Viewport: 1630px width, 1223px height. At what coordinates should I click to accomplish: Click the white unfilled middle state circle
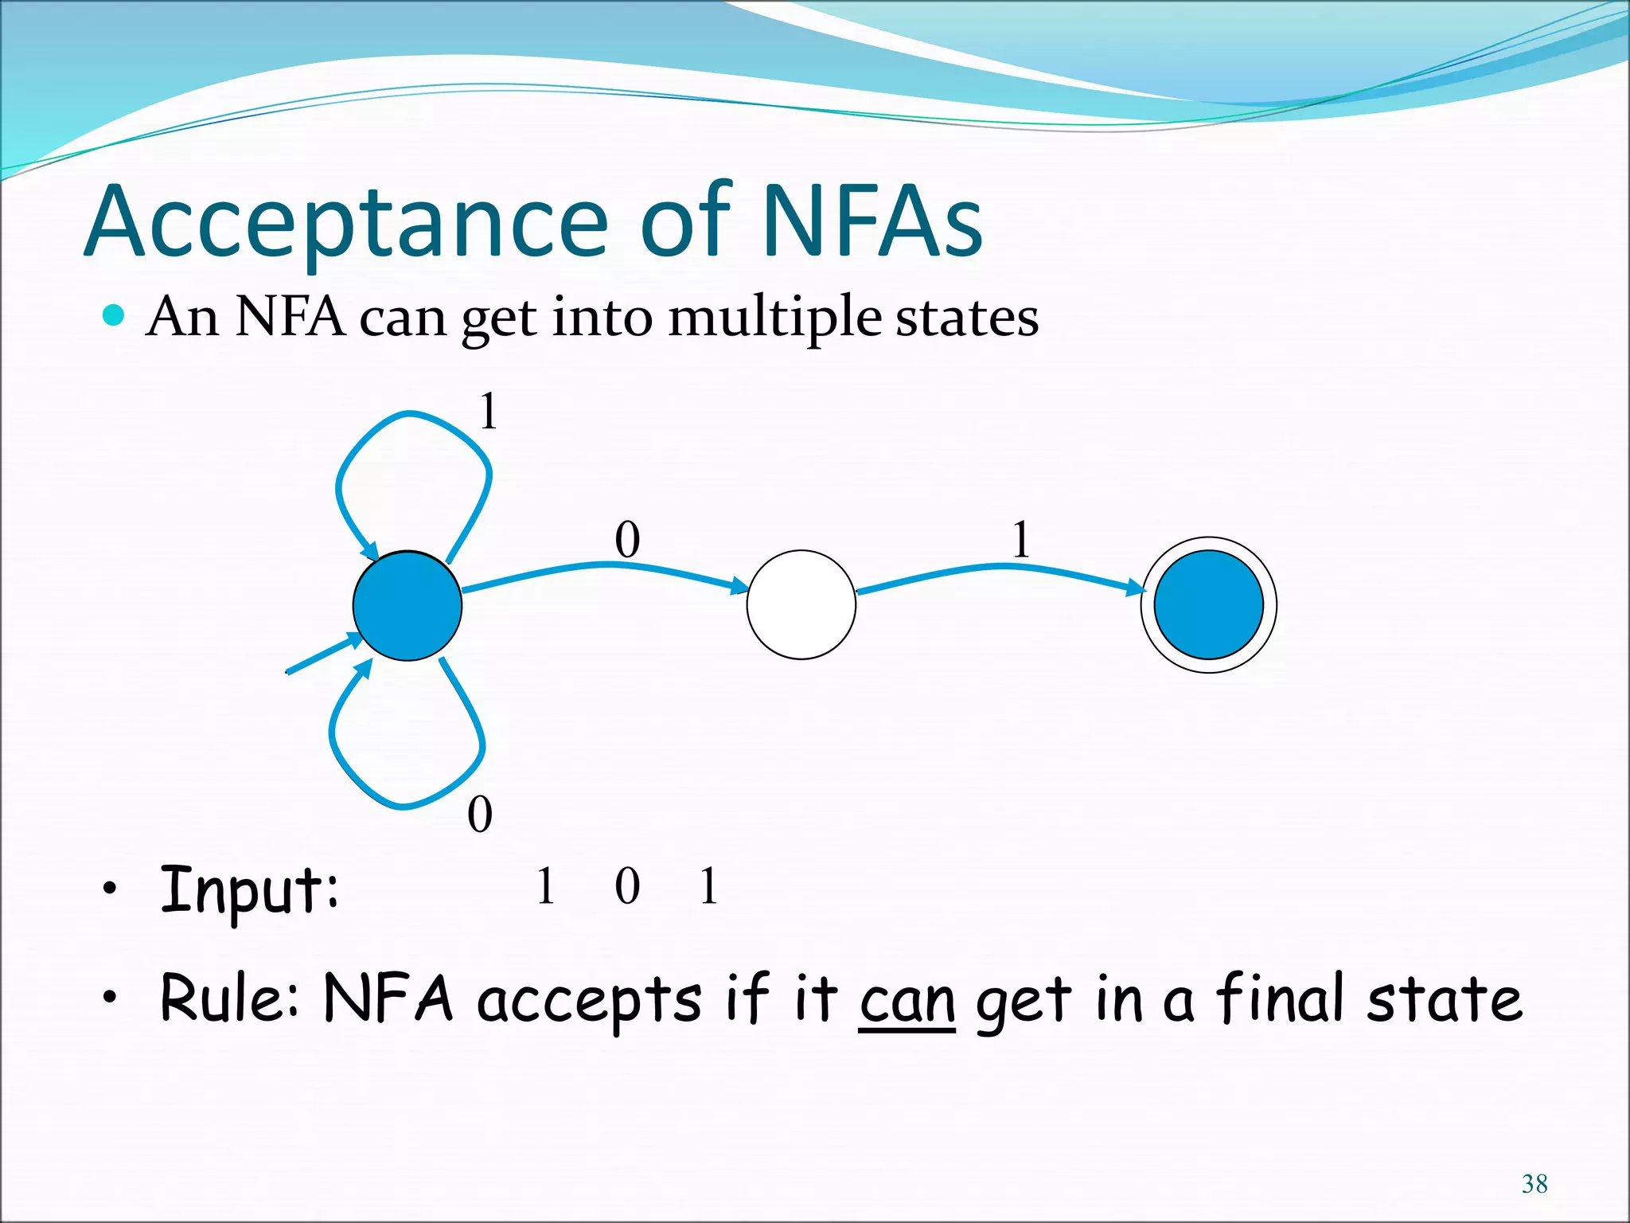point(801,604)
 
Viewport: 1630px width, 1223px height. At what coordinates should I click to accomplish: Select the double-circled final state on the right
point(1208,604)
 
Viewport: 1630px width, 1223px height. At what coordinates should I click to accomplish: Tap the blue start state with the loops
point(407,605)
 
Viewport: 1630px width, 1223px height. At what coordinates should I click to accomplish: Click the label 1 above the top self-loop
point(488,412)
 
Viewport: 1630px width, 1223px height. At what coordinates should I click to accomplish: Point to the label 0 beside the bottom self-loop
point(480,815)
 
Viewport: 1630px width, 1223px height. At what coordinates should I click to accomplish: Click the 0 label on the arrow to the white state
point(627,540)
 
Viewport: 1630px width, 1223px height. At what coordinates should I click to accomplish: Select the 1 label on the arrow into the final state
point(1021,540)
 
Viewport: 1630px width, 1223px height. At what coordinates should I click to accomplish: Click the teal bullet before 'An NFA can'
point(115,316)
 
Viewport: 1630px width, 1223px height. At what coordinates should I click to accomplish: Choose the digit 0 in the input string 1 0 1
point(627,886)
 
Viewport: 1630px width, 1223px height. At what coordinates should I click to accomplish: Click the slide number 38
point(1534,1184)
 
